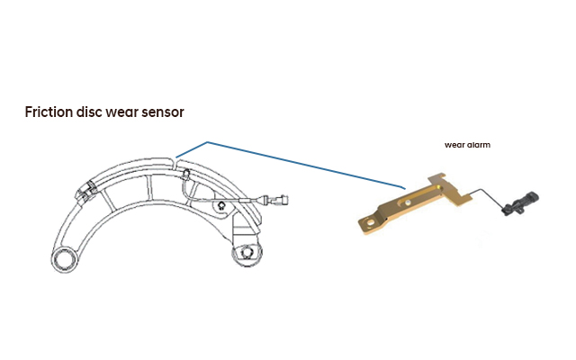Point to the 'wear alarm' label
click(x=467, y=144)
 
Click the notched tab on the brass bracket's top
click(x=438, y=180)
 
